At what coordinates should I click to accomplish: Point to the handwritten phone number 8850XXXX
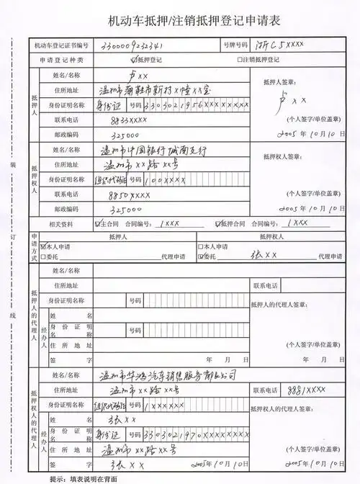(130, 194)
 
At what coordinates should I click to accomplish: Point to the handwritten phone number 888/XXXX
(306, 390)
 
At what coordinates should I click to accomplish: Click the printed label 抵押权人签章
(278, 156)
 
